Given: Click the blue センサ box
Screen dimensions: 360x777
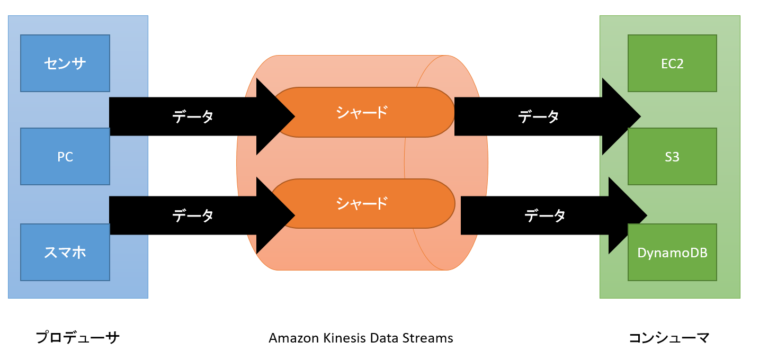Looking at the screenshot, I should point(65,64).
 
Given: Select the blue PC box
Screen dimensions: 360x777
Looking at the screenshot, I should point(65,157).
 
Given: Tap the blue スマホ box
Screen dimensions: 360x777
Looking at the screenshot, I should point(65,253).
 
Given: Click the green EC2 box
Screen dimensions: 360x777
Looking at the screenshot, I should point(672,64).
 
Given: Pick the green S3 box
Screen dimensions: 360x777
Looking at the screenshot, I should point(672,157).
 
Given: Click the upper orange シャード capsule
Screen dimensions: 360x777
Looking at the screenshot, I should point(363,112).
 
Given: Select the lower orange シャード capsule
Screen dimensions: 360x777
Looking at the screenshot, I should point(363,203).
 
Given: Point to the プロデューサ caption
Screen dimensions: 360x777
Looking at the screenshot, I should point(78,338).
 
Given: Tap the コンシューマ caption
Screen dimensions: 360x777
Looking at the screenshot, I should point(669,338).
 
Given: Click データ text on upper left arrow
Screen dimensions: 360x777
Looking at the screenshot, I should point(193,116).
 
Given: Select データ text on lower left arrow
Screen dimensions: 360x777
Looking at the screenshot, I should point(193,215).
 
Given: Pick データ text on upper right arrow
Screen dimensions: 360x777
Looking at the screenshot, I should point(538,116).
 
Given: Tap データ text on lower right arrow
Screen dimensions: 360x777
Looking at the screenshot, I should point(545,215).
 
